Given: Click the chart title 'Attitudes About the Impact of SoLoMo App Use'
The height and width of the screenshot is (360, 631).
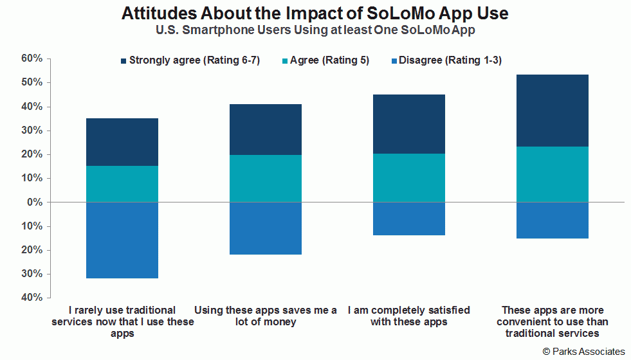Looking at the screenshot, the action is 315,13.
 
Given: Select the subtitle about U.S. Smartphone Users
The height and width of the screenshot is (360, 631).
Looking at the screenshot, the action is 315,30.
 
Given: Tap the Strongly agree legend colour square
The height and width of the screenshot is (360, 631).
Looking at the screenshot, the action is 123,61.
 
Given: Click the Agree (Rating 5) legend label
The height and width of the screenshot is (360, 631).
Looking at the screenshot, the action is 329,60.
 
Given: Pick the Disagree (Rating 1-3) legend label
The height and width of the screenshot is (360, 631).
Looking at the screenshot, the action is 450,60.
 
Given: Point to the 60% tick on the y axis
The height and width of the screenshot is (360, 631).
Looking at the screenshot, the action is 32,59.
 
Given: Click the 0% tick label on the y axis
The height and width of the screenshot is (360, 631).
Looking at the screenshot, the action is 35,202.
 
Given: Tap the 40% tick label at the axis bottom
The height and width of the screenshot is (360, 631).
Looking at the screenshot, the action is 32,297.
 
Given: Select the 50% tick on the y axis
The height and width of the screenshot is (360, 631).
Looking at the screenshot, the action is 32,82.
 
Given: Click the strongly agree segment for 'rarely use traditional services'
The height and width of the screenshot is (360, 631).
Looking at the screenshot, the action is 122,142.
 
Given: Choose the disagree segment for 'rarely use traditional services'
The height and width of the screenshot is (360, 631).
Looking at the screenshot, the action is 122,240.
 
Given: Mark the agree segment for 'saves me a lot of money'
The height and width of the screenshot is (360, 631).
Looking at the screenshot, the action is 266,179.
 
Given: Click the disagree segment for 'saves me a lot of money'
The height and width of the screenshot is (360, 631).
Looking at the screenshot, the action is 266,228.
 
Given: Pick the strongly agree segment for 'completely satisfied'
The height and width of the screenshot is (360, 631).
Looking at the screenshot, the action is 409,124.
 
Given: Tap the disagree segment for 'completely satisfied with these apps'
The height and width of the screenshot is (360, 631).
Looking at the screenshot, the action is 409,219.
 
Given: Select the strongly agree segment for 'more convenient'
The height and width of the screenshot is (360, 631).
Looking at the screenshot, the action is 553,111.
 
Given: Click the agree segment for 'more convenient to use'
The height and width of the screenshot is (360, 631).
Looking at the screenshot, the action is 553,174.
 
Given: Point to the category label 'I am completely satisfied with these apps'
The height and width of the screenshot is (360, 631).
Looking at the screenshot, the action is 409,316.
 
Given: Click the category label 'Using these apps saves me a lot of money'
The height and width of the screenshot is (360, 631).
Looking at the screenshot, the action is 266,316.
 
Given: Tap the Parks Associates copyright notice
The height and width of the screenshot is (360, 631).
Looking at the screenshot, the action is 583,352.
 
